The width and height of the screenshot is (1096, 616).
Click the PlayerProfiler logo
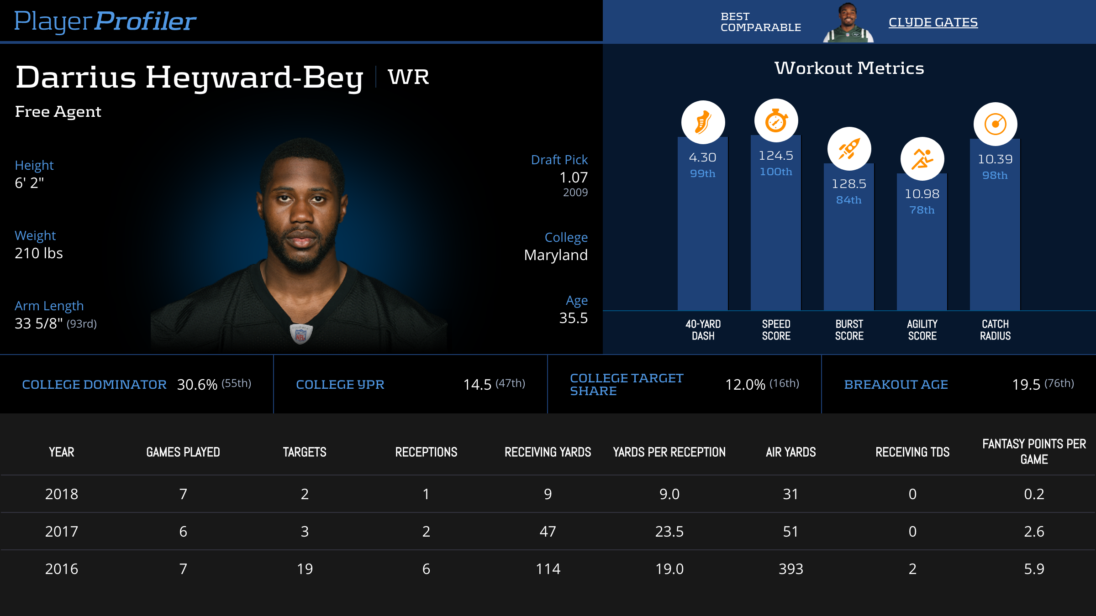105,21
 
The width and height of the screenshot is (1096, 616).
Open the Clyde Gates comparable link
933,22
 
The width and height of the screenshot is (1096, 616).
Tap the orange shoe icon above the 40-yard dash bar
703,122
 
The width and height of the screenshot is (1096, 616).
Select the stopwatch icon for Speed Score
776,121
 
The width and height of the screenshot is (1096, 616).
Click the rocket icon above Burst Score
849,149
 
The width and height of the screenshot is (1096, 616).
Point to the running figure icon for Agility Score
922,159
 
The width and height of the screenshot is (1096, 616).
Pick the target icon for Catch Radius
995,124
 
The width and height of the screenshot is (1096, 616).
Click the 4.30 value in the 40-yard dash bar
702,157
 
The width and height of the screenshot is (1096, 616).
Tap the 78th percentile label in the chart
922,210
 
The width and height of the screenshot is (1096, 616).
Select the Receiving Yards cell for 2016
548,569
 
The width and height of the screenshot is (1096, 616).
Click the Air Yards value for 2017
790,532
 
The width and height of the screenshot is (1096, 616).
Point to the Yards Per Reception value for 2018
669,494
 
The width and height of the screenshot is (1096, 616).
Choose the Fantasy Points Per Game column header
1034,451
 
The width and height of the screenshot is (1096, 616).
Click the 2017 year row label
62,532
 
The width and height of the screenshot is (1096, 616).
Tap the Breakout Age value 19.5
1026,385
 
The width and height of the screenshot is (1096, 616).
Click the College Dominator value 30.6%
197,385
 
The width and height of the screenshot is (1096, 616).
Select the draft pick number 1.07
573,177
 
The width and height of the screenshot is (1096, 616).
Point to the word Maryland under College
555,255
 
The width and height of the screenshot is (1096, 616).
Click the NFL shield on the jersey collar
300,334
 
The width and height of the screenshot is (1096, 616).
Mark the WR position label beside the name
408,77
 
